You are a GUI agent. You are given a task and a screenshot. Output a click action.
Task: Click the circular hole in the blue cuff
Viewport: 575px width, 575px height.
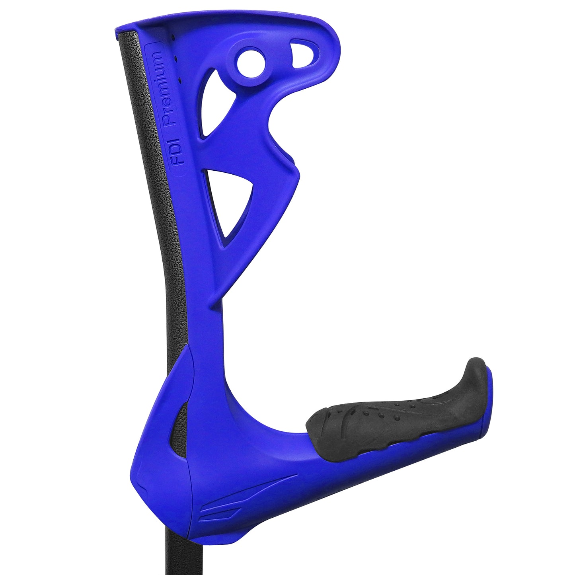tap(251, 63)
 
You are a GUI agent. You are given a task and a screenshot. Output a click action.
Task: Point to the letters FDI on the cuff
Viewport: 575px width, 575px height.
tap(179, 158)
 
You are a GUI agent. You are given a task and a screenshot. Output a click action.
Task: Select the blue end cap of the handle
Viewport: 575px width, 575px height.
tap(489, 402)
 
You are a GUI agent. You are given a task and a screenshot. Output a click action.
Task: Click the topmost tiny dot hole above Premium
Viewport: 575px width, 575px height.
tap(173, 38)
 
